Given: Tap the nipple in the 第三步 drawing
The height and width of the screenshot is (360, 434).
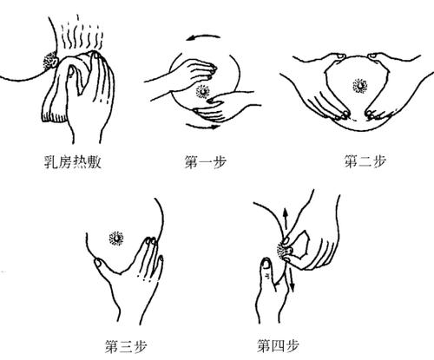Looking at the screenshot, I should pos(116,236).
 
